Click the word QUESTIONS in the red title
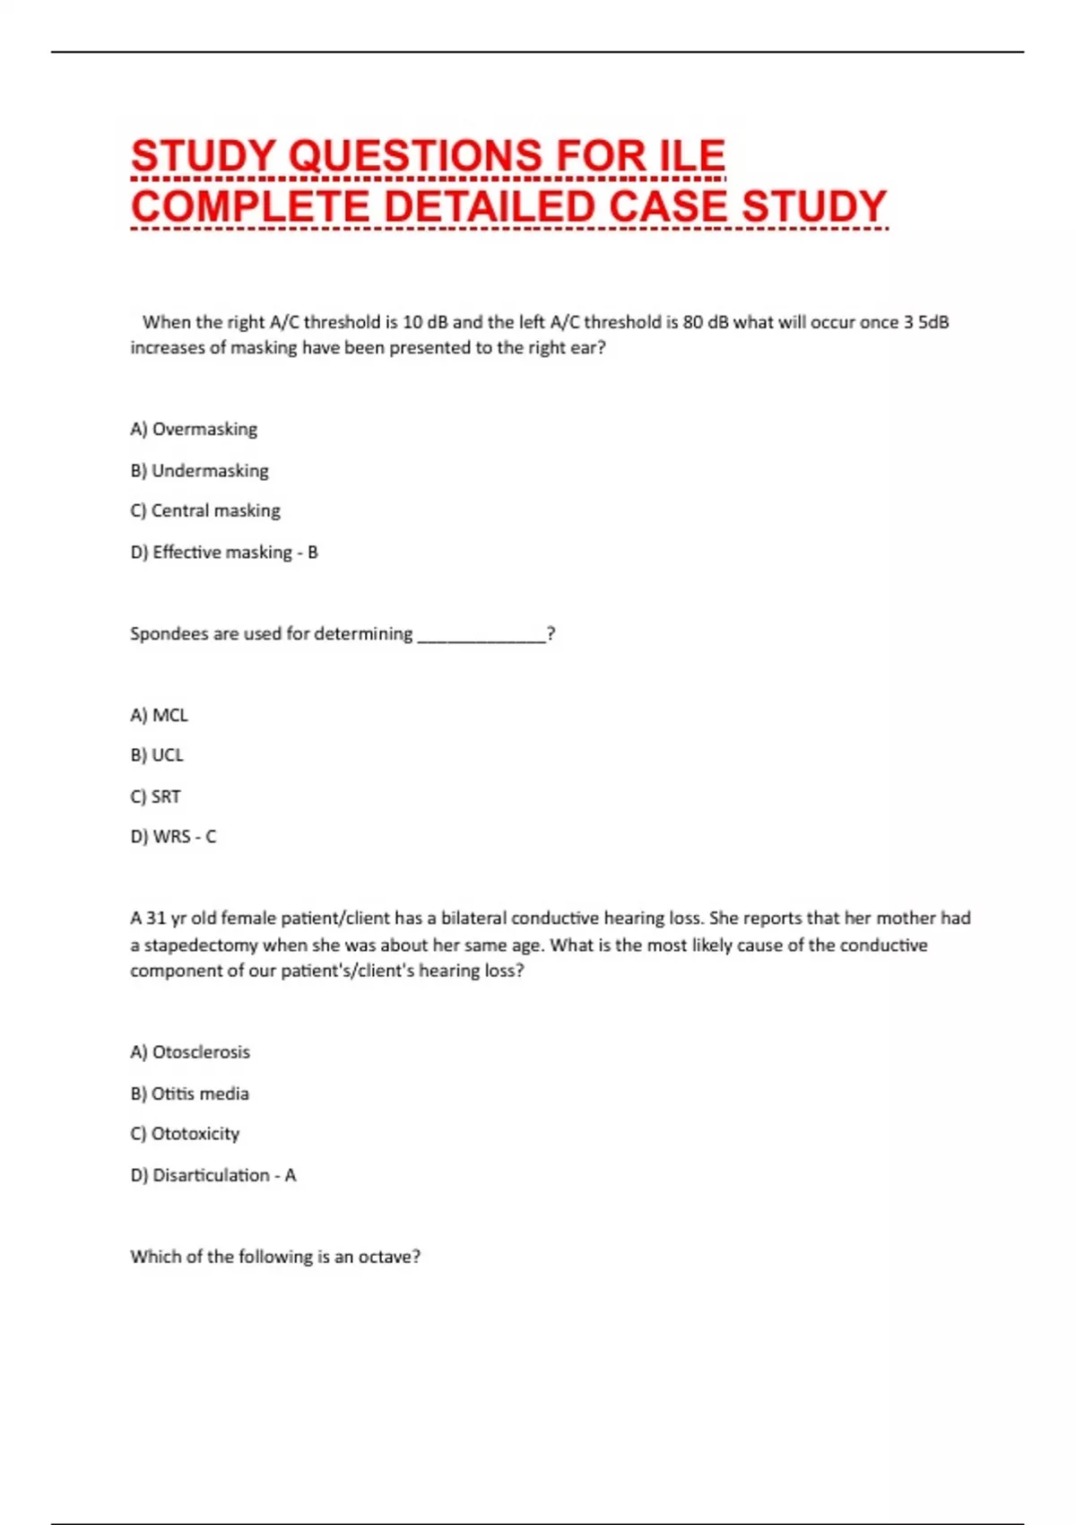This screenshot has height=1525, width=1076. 416,156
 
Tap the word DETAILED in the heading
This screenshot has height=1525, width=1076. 490,206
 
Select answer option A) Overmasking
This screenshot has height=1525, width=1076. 194,429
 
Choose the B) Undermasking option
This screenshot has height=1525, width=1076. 199,470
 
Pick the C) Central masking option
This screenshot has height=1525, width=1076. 205,510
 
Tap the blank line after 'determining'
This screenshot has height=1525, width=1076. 482,635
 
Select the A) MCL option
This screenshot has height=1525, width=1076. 159,715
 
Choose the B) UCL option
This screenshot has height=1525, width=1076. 157,755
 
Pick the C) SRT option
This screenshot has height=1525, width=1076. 156,797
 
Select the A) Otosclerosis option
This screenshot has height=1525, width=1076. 190,1052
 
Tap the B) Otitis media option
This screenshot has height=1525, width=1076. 190,1094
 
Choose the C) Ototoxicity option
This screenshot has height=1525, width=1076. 185,1134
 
